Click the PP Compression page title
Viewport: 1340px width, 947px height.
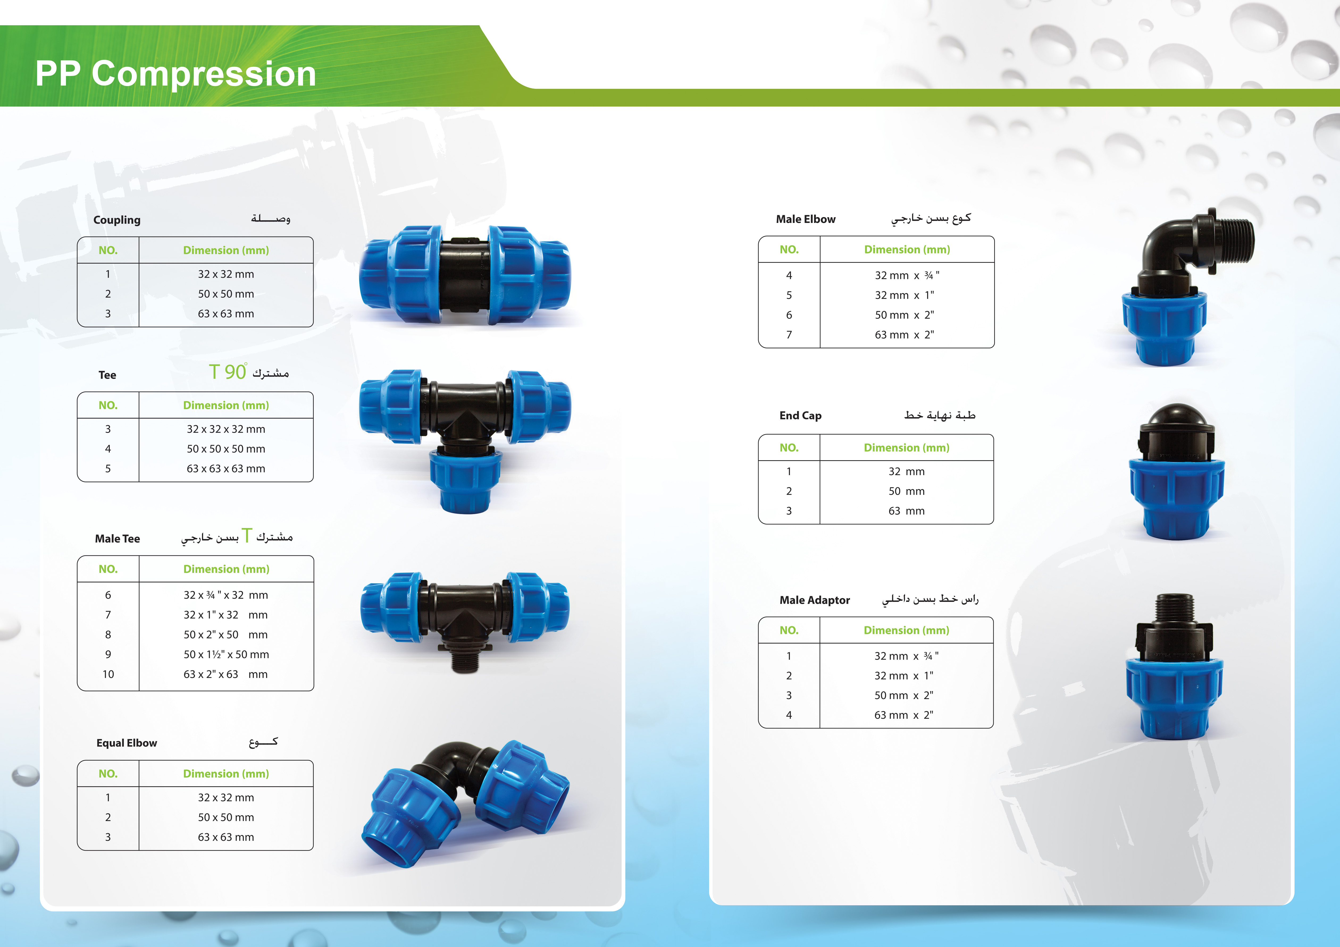tap(176, 74)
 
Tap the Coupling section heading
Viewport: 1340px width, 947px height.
tap(117, 220)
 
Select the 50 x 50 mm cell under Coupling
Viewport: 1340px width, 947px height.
tap(226, 294)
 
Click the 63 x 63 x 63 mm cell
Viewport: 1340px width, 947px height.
tap(226, 469)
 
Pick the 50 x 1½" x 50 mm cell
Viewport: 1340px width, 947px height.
tap(227, 654)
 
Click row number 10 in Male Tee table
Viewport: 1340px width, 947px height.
tap(108, 674)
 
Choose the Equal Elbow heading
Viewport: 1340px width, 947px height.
tap(127, 743)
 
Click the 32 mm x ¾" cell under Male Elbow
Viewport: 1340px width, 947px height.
tap(907, 275)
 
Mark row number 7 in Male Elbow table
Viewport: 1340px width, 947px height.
tap(789, 335)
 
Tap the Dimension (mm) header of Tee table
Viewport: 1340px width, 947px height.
tap(226, 405)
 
